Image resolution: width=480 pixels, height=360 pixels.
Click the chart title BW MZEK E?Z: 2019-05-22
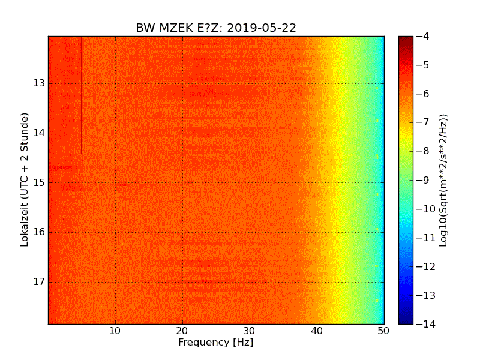(x=216, y=28)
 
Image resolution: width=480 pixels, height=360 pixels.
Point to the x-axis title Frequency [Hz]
(x=215, y=343)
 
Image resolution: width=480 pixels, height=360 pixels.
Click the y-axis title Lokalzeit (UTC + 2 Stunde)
(x=25, y=180)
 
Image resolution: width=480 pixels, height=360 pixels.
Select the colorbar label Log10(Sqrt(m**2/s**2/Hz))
(x=444, y=180)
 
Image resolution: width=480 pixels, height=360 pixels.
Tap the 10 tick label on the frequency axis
(x=115, y=331)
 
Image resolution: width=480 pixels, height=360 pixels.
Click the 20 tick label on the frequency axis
(x=182, y=331)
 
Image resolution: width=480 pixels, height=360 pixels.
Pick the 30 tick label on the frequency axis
(x=250, y=331)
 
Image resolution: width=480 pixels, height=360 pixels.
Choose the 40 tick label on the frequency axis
(x=317, y=331)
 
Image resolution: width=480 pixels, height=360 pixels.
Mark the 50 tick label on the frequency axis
(x=384, y=331)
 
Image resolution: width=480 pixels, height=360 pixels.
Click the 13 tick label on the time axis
(x=40, y=83)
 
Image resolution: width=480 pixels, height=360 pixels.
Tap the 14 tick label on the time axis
(x=40, y=133)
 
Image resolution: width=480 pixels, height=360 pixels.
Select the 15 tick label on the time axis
(x=40, y=183)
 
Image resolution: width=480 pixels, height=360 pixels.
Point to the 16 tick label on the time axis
(x=40, y=232)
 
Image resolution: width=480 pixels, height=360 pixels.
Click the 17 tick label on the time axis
(x=40, y=282)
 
